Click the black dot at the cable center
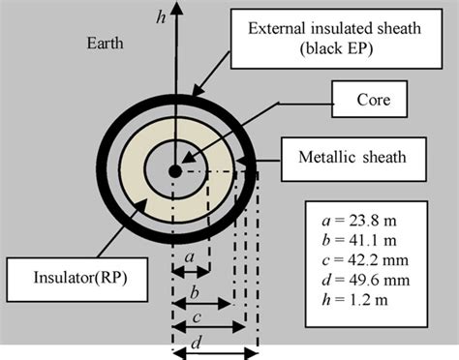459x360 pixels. coord(174,171)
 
